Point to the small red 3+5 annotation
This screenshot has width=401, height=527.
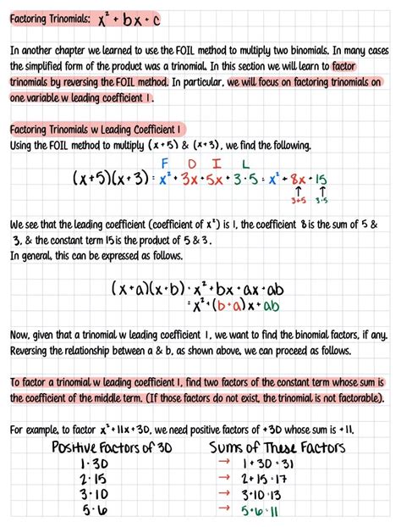(298, 202)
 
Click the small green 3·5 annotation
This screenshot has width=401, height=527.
(323, 202)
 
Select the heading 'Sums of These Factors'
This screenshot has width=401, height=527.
(282, 447)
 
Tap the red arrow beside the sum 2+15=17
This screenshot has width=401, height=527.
(224, 480)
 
